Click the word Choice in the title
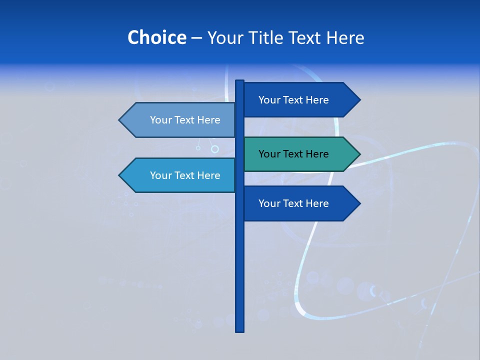[x=156, y=37]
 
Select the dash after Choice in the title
[x=196, y=38]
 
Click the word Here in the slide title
[x=345, y=37]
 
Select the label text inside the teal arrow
[x=293, y=154]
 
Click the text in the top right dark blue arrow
[x=293, y=100]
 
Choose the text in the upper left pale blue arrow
[x=185, y=120]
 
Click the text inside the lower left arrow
[x=185, y=175]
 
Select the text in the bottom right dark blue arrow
[x=293, y=203]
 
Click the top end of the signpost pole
[x=239, y=81]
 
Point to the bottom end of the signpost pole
[x=239, y=330]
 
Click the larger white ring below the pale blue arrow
[x=215, y=149]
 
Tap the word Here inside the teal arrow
[x=316, y=154]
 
